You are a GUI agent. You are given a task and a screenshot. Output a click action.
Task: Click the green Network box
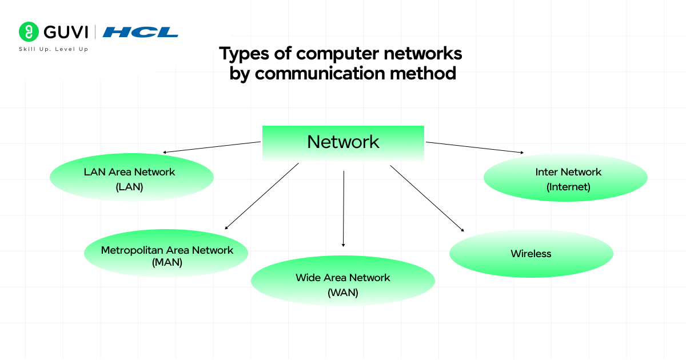click(343, 142)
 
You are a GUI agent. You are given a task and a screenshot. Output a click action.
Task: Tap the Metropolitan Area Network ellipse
click(166, 254)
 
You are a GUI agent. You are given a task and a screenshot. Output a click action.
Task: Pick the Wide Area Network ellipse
click(343, 281)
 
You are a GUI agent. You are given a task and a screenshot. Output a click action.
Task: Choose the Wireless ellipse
click(531, 254)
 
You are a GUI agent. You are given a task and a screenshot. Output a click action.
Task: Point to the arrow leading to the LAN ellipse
click(212, 147)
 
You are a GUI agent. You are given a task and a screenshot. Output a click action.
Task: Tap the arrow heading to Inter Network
click(474, 147)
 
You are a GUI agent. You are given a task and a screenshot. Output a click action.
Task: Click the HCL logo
click(141, 32)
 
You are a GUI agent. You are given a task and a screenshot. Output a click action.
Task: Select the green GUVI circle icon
click(27, 31)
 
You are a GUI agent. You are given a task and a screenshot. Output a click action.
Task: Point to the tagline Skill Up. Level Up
click(54, 49)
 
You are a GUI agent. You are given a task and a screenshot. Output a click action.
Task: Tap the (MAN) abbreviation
click(167, 263)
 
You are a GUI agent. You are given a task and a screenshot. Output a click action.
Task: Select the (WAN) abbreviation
click(343, 293)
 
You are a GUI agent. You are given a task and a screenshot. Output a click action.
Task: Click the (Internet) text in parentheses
click(568, 186)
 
